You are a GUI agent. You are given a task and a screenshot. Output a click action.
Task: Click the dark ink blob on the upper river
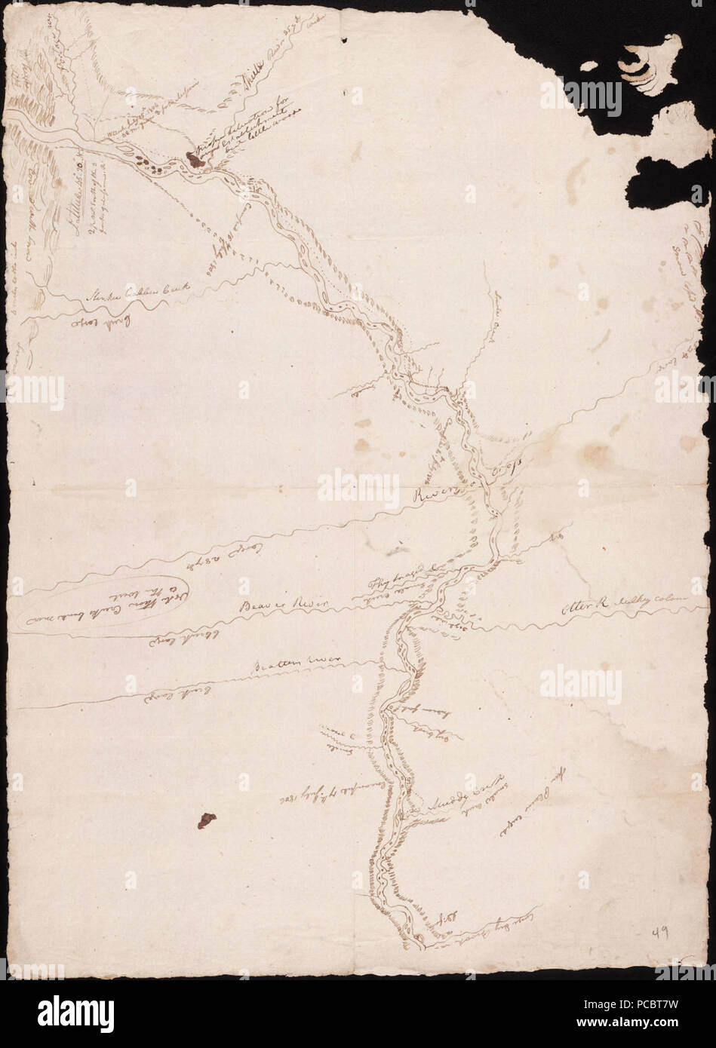[192, 158]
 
